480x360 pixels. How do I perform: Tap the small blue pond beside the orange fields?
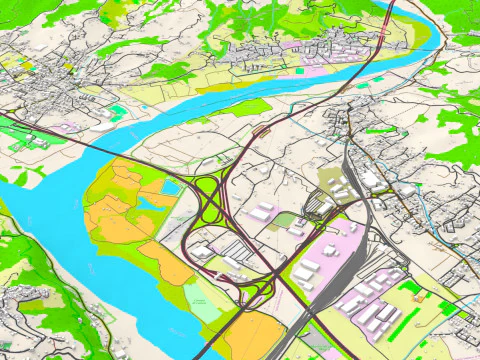(x=152, y=201)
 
